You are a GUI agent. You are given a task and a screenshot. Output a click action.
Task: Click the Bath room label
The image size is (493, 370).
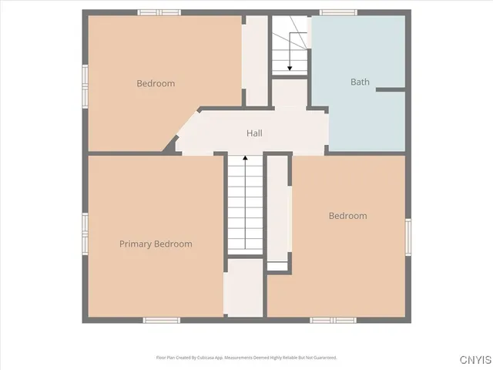(360, 82)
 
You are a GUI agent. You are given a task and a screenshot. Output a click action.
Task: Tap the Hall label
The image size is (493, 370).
(254, 133)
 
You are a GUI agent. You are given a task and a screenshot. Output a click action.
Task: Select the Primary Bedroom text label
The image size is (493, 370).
(156, 244)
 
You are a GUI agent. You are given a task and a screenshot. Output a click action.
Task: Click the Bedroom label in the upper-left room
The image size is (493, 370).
(156, 83)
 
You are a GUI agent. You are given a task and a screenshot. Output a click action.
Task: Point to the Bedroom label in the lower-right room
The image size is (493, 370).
(347, 216)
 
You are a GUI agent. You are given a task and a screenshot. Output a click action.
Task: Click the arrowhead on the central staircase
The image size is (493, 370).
(246, 159)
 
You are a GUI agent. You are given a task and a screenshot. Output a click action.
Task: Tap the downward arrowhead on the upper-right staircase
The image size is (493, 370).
(290, 69)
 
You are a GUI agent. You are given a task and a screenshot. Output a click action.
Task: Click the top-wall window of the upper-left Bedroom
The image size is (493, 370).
(159, 12)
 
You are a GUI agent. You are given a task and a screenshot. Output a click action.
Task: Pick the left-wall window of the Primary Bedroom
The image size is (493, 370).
(86, 231)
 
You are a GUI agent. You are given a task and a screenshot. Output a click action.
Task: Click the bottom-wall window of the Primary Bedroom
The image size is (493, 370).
(162, 319)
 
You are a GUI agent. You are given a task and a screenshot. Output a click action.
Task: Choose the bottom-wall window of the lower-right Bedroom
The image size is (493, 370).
(332, 319)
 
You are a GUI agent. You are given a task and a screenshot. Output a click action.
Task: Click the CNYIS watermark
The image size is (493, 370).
(474, 360)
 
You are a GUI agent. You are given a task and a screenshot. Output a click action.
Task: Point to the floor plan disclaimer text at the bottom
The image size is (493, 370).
(246, 357)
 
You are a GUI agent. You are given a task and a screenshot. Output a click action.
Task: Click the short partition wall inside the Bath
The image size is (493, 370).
(391, 90)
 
